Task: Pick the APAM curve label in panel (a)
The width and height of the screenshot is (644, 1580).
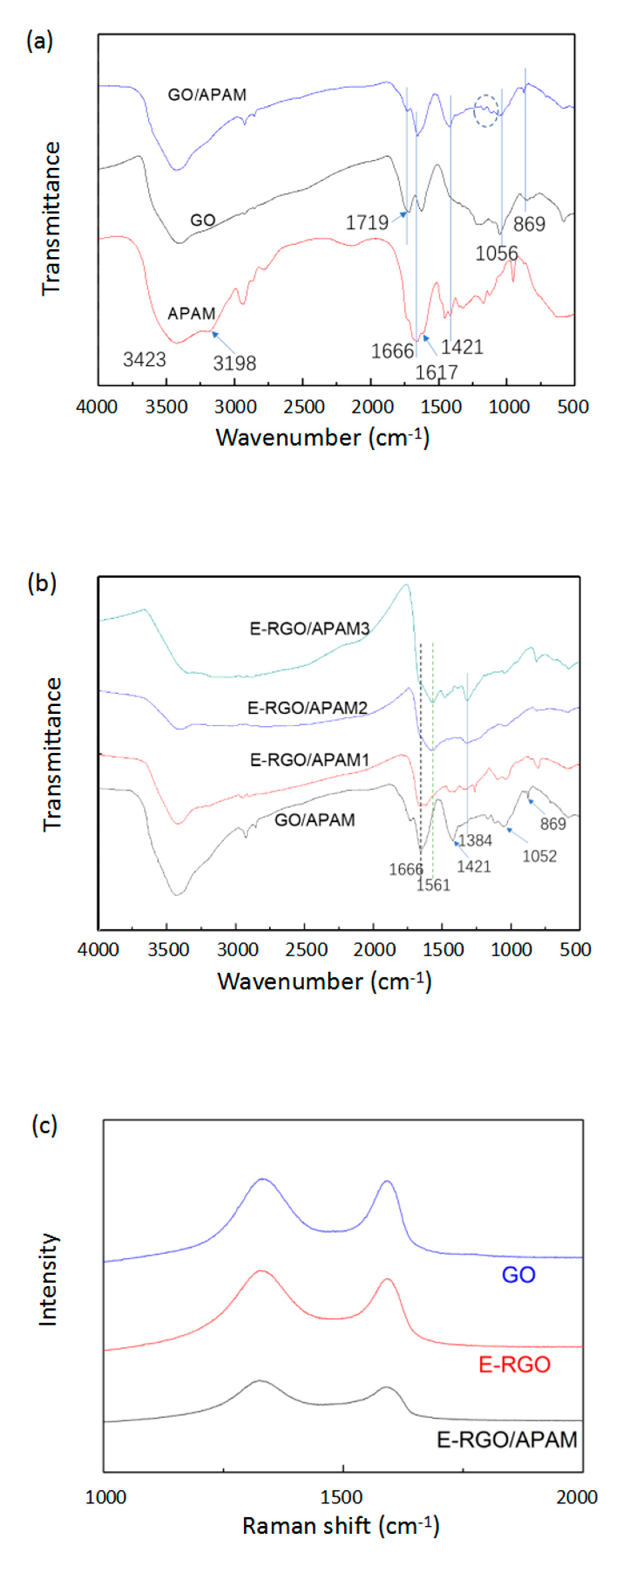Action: coord(191,314)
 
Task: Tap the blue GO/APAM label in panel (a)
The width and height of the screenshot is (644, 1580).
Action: coord(207,95)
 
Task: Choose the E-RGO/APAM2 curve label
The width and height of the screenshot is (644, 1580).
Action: coord(307,708)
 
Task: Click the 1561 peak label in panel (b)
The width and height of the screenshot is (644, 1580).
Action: coord(433,885)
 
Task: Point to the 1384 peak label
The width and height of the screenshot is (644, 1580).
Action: coord(475,840)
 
